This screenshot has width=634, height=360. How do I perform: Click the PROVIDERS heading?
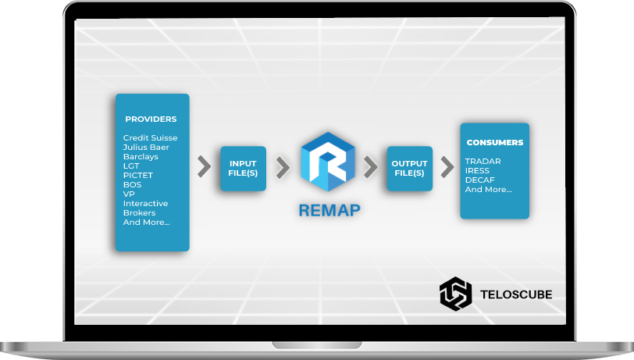pos(151,119)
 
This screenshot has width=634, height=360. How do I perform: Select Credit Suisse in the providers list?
pos(150,138)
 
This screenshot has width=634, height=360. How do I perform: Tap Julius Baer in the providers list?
pos(146,148)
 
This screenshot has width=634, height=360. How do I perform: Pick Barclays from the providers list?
pos(141,157)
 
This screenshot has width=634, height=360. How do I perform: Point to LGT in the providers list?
pos(131,166)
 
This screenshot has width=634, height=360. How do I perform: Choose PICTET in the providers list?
pos(138,175)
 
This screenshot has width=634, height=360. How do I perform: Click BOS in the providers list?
pos(132,184)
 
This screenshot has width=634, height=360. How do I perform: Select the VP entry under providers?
pos(129,194)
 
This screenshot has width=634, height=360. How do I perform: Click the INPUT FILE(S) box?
pos(243,168)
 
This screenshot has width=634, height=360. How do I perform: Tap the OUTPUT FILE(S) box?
pos(410,168)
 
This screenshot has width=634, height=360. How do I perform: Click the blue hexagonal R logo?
pos(327,162)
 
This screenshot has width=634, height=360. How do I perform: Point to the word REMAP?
pos(329,210)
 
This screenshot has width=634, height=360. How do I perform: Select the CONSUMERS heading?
pos(495,142)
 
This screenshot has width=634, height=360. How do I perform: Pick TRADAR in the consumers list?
pos(483,161)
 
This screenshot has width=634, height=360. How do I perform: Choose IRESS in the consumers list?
pos(477,170)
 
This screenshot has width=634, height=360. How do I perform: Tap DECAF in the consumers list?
pos(479,180)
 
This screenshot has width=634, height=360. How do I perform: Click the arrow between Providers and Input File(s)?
pos(205,166)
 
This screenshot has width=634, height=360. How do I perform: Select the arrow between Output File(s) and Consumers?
pos(447,166)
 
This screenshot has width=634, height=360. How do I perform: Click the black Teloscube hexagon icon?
pos(455,294)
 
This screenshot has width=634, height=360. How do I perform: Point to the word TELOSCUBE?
pos(516,294)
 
